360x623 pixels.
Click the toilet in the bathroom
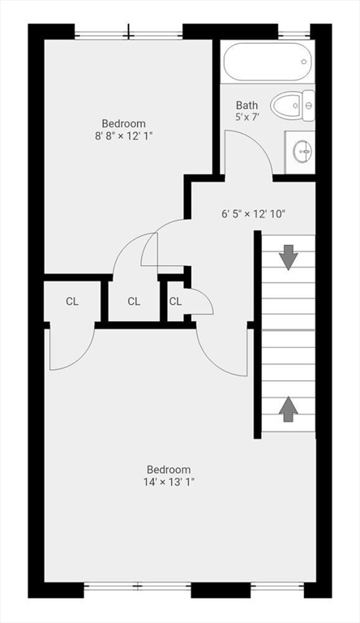[x=292, y=105]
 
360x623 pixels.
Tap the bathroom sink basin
[x=302, y=151]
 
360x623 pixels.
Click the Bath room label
[x=247, y=105]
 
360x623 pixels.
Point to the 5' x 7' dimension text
[x=247, y=118]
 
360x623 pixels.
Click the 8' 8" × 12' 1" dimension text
[x=123, y=135]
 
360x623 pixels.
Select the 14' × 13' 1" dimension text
[x=168, y=482]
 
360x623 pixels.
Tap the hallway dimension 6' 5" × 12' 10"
[x=253, y=214]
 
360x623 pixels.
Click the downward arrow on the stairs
[x=288, y=257]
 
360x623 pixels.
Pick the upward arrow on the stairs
[x=288, y=408]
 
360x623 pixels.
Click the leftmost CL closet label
[x=72, y=302]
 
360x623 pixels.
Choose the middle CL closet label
[x=134, y=302]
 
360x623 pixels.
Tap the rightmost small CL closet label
[x=175, y=302]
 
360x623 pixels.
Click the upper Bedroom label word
[x=123, y=123]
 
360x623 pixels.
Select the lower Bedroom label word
[x=168, y=469]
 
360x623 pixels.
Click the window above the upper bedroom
[x=128, y=34]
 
